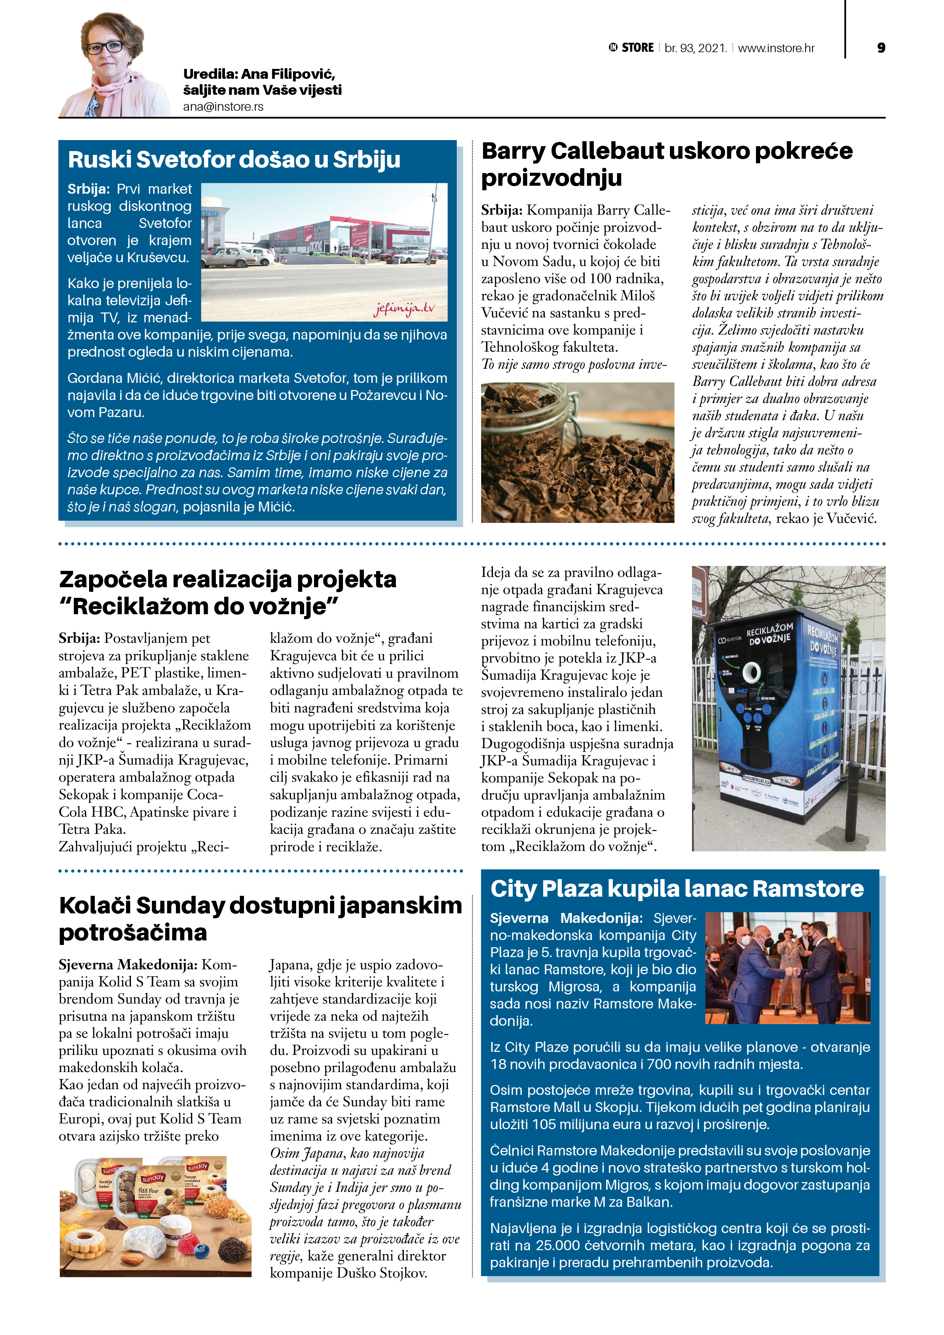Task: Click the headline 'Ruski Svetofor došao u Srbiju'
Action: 234,160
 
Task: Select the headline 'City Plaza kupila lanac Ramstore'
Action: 676,889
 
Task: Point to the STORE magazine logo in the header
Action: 631,48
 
